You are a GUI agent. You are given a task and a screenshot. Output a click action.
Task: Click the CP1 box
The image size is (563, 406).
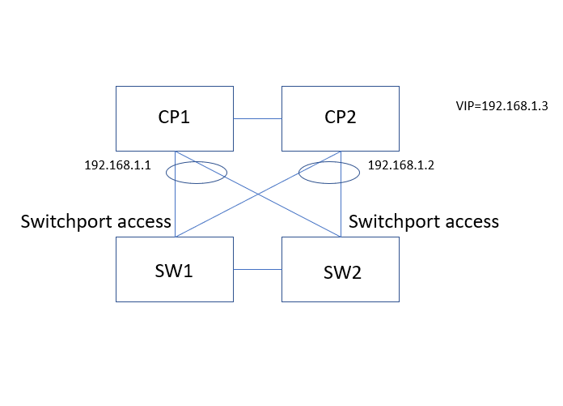coord(175,119)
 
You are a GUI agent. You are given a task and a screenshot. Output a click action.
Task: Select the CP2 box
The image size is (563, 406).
coord(340,119)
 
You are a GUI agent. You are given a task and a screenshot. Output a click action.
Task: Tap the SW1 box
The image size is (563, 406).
coord(175,269)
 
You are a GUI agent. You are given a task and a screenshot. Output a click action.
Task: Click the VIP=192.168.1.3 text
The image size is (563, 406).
coord(502,106)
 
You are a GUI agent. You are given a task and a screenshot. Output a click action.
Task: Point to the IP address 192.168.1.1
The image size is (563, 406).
coord(118,165)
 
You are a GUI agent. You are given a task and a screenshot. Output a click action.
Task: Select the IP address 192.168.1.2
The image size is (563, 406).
coord(401,165)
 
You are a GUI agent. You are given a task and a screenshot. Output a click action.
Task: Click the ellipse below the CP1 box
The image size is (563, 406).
coord(196,172)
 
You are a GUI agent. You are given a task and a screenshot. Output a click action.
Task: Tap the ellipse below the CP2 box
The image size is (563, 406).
coord(329,172)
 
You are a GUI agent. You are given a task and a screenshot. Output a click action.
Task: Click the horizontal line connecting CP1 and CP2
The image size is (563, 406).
coord(257,119)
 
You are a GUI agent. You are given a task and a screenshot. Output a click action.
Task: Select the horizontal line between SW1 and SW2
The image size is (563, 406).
coord(257,269)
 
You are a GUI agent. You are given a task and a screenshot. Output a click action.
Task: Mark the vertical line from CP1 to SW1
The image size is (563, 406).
coord(176,211)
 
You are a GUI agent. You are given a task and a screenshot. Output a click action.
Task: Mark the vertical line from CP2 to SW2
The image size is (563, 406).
coord(340,211)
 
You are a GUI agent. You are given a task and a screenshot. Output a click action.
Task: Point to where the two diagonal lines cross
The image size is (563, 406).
coord(258,194)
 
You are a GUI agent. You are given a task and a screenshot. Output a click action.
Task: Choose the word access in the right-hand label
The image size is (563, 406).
coord(473,221)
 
